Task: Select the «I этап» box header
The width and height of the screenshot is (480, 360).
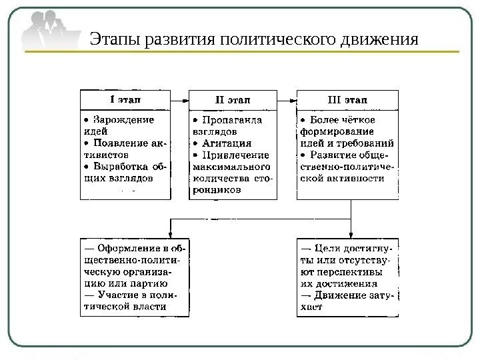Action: coord(129,100)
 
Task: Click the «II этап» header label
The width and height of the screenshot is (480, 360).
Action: coord(233,100)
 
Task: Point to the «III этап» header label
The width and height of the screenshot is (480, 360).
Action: coord(347,100)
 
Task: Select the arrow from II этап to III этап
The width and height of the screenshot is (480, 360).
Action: coord(287,100)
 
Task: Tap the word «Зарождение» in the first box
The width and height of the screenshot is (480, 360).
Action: coord(124,120)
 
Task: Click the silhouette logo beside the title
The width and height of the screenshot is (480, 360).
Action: coord(50,33)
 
